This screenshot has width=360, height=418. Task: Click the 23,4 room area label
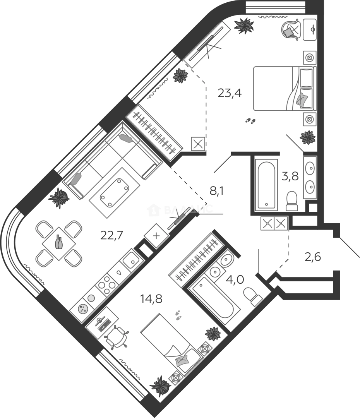pos(230,93)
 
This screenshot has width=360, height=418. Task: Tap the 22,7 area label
pos(111,235)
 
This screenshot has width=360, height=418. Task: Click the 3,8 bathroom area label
pos(290,176)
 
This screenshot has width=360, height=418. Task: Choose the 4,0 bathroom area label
pos(235,279)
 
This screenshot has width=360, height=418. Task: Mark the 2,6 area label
pos(312,257)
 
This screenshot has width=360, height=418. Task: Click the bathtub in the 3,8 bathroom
pos(267,185)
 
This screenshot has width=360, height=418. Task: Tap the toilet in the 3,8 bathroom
pos(291,201)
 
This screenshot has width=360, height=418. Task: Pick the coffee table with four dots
pos(115,192)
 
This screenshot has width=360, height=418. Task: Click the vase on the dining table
pos(59,242)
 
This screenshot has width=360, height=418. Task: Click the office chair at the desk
pos(117,336)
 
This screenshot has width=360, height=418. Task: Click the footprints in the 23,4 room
pos(250,121)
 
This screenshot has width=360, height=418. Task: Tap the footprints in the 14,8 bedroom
pos(178,314)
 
